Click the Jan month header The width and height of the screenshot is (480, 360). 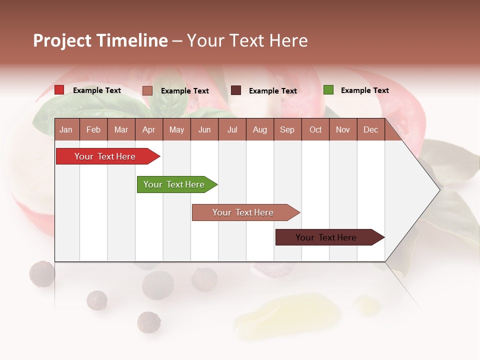(66, 129)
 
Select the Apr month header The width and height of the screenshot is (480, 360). (148, 129)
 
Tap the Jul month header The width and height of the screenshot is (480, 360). (232, 129)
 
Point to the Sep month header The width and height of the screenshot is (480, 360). (287, 129)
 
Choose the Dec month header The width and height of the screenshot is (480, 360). (370, 129)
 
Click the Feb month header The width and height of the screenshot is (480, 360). (93, 129)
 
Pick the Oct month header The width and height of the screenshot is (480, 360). (315, 129)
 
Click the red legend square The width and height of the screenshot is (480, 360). (59, 90)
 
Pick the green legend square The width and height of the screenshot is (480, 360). (328, 90)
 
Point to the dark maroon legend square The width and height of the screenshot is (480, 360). (236, 90)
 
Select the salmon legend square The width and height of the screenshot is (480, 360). (147, 90)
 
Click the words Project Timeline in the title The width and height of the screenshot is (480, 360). (100, 40)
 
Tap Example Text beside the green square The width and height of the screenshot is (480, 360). (364, 90)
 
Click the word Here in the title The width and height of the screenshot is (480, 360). (288, 40)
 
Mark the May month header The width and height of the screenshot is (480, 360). (176, 129)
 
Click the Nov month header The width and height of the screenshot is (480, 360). (343, 129)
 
